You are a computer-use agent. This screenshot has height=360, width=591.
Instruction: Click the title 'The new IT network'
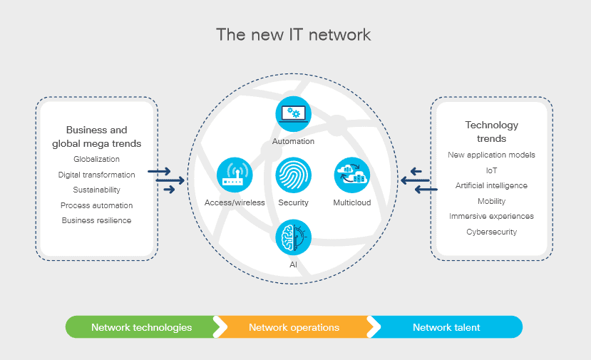(294, 34)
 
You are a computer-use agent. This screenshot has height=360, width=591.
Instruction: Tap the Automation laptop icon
(293, 114)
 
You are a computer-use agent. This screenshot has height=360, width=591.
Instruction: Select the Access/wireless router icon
(235, 175)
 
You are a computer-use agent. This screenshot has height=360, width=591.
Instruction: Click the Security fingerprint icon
(293, 175)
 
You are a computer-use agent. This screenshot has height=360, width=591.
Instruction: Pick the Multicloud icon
(352, 175)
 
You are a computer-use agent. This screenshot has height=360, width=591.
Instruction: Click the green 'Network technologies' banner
(141, 327)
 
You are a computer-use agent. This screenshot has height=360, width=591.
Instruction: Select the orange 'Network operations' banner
(294, 327)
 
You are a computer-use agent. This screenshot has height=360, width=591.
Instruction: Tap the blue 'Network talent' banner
(446, 327)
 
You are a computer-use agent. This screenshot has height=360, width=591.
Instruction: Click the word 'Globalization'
(96, 159)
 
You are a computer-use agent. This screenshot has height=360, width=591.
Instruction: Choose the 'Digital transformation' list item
(96, 175)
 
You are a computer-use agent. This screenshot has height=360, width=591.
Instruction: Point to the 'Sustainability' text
(96, 190)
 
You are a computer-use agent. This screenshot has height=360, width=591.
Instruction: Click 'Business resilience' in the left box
(96, 220)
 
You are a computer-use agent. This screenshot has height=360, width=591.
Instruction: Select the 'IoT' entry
(491, 170)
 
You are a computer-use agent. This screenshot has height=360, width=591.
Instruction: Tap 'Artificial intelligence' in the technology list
(491, 185)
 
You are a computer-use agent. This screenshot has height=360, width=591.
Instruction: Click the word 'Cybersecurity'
(491, 232)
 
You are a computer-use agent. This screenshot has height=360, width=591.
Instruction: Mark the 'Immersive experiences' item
(491, 216)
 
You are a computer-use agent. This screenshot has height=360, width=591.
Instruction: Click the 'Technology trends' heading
(491, 131)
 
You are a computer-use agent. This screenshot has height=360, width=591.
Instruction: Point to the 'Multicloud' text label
(352, 202)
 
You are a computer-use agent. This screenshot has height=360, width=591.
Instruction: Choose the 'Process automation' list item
(96, 205)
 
